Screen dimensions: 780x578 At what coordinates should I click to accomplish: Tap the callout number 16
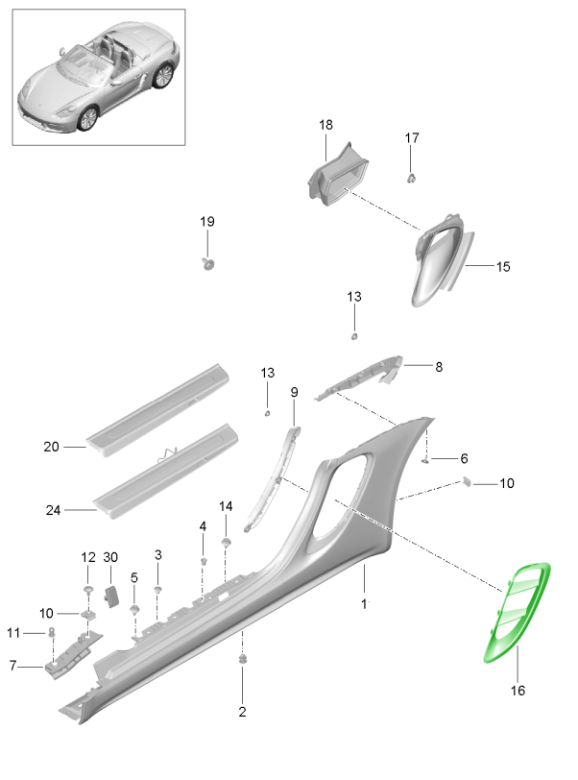click(517, 689)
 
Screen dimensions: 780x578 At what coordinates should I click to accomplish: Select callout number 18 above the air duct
click(325, 125)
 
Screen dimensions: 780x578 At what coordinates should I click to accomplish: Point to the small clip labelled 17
click(412, 178)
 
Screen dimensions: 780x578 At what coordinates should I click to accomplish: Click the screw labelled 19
click(207, 262)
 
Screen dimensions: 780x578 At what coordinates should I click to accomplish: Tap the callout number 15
click(502, 266)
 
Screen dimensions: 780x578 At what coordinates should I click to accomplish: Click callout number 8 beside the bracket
click(439, 366)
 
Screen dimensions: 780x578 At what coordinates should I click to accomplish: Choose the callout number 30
click(110, 557)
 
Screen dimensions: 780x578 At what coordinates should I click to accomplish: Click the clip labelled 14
click(226, 543)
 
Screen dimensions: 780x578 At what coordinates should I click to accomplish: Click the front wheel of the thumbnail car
click(87, 117)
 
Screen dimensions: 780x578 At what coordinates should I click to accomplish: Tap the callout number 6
click(464, 458)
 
